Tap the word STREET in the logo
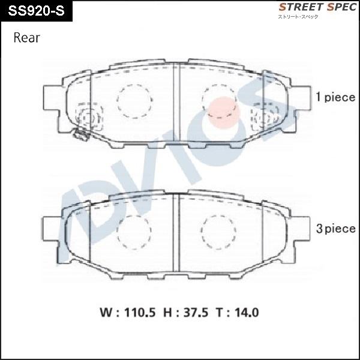[x=298, y=7]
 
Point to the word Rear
[x=26, y=38]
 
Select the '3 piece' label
[x=335, y=229]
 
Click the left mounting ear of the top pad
[x=52, y=99]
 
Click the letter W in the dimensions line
[x=104, y=313]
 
